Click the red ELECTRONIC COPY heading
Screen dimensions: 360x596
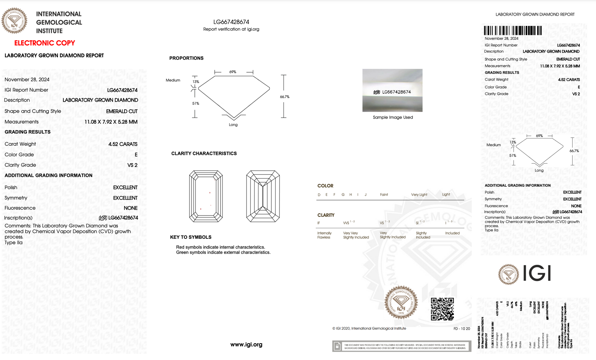point(45,43)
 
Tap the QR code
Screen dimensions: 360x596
point(442,309)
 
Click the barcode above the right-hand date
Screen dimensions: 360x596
point(513,31)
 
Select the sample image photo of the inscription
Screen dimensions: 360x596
point(392,90)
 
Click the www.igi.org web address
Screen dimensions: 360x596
point(246,344)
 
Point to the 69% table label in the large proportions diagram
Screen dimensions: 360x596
point(233,72)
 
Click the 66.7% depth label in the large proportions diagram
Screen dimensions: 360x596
point(285,97)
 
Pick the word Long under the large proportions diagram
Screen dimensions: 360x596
point(233,125)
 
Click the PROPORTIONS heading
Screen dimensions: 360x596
point(186,58)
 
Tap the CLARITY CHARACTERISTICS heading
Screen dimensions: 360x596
point(204,153)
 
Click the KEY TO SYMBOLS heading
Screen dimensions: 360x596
point(190,237)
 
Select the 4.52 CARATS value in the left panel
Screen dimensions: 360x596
point(123,144)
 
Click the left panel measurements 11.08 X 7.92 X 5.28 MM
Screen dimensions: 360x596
point(111,122)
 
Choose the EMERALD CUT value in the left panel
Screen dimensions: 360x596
point(122,111)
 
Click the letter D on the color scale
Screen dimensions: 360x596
point(319,195)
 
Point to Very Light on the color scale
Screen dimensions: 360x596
point(419,195)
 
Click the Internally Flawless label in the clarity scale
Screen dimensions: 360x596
point(324,235)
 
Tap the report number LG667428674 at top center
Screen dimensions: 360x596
point(231,22)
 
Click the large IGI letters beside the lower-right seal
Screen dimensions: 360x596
point(537,273)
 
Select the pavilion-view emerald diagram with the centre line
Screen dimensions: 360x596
point(263,196)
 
